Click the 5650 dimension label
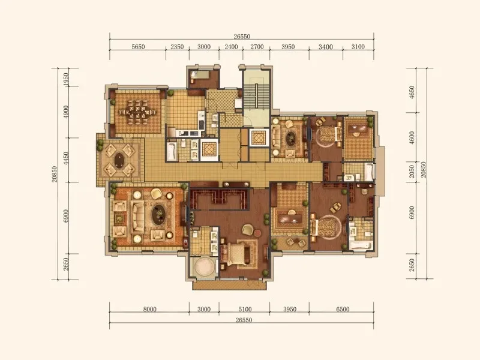pos(138,47)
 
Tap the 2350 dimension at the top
pos(177,47)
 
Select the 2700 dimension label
pos(257,47)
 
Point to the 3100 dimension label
pos(358,47)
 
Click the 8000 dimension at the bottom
pos(149,309)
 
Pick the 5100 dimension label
pos(245,309)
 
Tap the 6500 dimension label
pos(343,309)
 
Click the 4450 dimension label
pos(66,159)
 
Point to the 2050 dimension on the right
pos(412,172)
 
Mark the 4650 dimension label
pos(412,92)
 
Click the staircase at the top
pos(256,95)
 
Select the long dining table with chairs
pos(137,112)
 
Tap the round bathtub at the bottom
pos(203,268)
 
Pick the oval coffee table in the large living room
pos(158,214)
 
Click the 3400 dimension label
pos(325,47)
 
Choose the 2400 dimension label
pos(231,47)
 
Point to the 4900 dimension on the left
pos(66,112)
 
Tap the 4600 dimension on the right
pos(412,137)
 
